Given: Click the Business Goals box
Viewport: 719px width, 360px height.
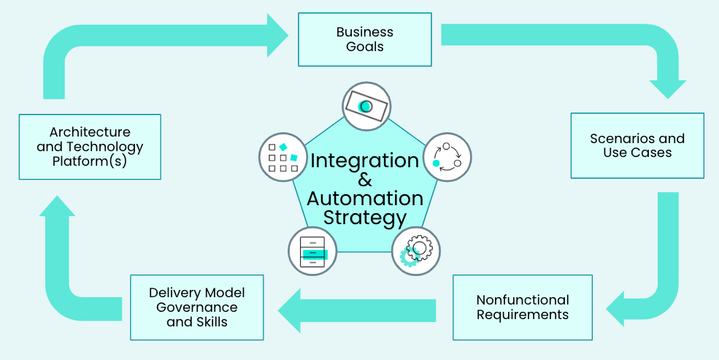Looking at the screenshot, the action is coord(364,39).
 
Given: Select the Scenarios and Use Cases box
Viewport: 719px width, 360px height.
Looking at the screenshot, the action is coord(637,145).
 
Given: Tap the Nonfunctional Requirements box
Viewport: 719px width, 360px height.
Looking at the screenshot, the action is coord(523,307).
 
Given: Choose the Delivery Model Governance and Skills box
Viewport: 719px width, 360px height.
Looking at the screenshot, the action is coord(196,307).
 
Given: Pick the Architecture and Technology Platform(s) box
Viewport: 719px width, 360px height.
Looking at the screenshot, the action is coord(90,147).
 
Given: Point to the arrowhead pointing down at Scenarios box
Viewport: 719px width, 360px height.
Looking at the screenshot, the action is coord(668,89).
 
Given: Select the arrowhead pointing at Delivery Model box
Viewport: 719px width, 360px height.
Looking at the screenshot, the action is coord(289,310).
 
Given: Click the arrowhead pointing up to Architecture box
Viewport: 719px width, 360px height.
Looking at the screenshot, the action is coord(58,206).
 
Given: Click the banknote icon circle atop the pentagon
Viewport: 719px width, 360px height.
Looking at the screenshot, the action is coord(366,107).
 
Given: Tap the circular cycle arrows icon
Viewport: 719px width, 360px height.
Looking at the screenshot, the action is coord(447,157).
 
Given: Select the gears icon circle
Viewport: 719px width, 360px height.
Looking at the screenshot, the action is coord(416,251).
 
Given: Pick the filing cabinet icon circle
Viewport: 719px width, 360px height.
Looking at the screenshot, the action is coord(312,251).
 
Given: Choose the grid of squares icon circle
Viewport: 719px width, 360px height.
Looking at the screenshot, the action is coord(283,157).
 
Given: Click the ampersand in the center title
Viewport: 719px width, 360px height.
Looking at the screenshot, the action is coord(365,180).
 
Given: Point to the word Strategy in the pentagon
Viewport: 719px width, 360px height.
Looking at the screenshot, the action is coord(365,218).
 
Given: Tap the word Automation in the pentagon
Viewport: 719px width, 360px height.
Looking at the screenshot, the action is coord(365,199).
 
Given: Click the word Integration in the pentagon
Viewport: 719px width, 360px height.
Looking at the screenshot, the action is coord(365,161).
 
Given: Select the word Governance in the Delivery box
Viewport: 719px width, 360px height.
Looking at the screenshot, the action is coord(196,307).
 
